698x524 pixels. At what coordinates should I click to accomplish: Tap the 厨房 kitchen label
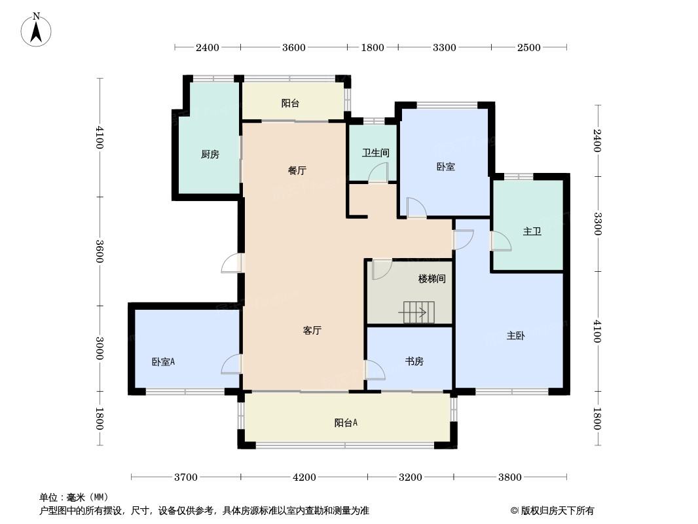point(210,155)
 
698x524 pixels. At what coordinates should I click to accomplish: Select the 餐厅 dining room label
point(297,171)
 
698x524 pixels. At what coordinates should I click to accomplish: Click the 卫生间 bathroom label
point(376,153)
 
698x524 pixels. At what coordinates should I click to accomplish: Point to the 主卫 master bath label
point(532,232)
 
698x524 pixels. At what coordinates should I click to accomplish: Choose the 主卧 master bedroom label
point(515,336)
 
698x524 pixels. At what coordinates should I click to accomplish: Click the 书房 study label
point(414,362)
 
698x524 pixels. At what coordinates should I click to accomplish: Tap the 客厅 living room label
point(312,331)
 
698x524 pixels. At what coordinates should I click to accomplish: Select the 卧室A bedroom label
point(163,362)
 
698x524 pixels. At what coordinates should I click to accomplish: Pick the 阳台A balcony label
point(346,423)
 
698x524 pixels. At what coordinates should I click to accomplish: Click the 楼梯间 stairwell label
point(432,279)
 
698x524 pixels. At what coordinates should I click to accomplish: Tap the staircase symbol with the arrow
point(418,312)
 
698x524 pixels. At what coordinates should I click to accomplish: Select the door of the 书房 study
point(375,370)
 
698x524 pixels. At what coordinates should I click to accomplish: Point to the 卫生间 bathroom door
point(378,173)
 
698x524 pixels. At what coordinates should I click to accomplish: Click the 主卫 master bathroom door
point(501,242)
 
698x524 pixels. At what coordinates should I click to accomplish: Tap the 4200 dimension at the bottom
point(304,477)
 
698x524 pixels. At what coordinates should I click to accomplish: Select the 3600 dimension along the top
point(293,47)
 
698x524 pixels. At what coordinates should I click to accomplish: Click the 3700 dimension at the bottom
point(186,477)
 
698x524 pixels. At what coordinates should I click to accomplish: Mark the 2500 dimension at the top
point(528,47)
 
